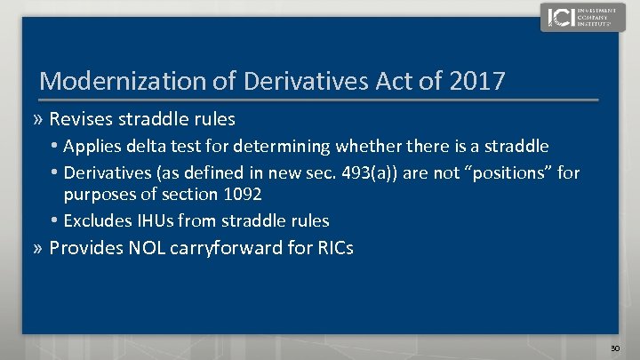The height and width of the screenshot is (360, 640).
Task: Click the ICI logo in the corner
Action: tap(575, 17)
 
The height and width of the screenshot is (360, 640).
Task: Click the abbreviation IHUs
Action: tap(149, 220)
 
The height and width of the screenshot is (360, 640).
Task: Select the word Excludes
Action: tap(96, 220)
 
